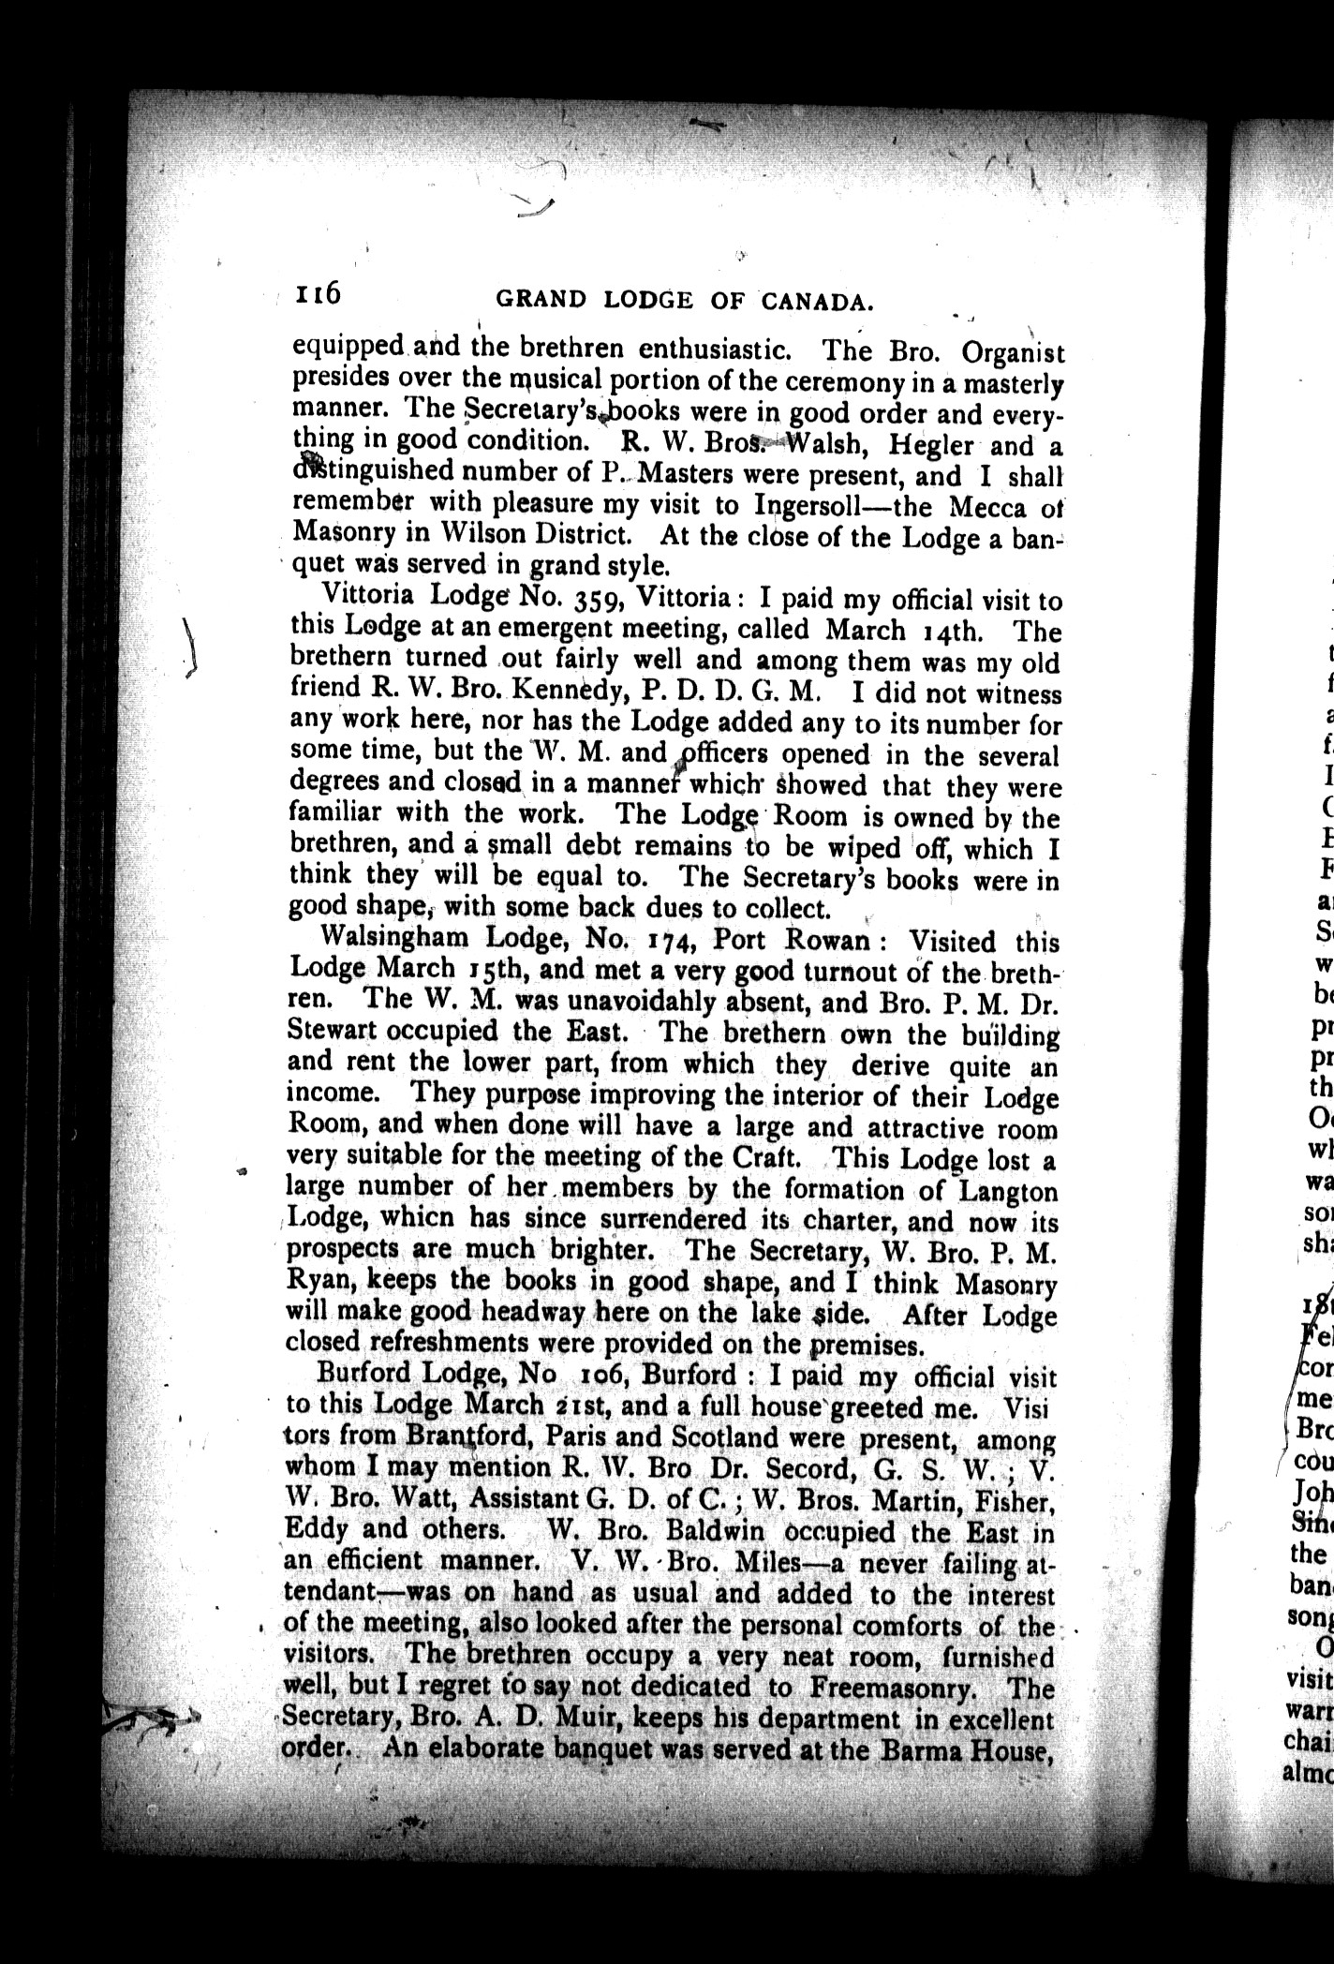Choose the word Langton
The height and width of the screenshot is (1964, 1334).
tap(1005, 1192)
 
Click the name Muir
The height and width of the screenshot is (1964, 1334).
tap(585, 1693)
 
